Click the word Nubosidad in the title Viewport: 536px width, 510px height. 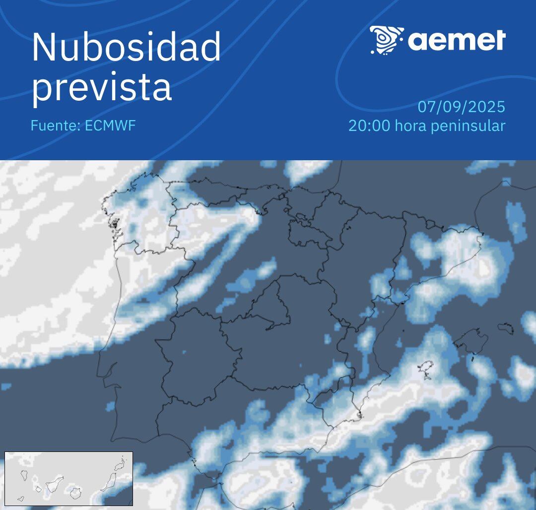(126, 47)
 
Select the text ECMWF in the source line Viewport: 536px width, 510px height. (110, 126)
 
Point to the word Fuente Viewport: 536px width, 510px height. (54, 126)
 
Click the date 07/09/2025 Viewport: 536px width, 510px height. (461, 107)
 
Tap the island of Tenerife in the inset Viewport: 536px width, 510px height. (53, 484)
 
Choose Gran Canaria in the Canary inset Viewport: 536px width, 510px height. (75, 493)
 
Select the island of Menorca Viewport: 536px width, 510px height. (506, 328)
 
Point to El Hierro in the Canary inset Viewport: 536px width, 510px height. (20, 499)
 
